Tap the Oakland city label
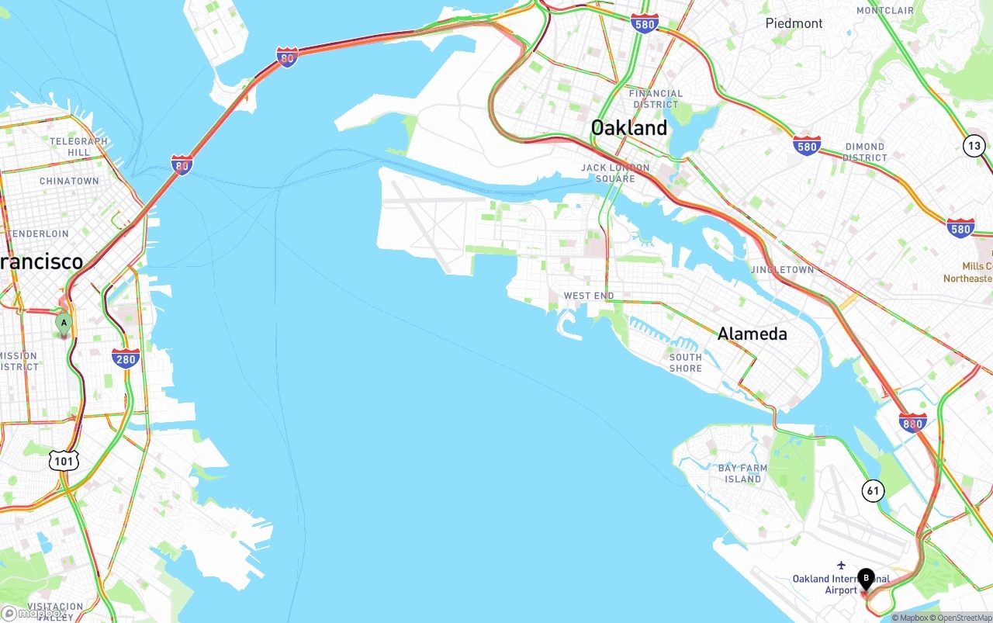tap(628, 128)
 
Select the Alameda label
tap(752, 334)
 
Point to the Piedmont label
tap(794, 23)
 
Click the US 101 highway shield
tap(64, 461)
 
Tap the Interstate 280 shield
tap(126, 358)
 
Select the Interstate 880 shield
tap(913, 423)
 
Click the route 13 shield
tap(974, 145)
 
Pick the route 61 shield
tap(874, 490)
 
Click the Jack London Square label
tap(615, 173)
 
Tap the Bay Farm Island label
tap(742, 473)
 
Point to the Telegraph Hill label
tap(79, 147)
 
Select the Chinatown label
tap(69, 181)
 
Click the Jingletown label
tap(782, 269)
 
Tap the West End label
tap(588, 296)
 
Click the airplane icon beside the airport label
tap(841, 565)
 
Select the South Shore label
tap(685, 362)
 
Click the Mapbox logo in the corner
tap(33, 613)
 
